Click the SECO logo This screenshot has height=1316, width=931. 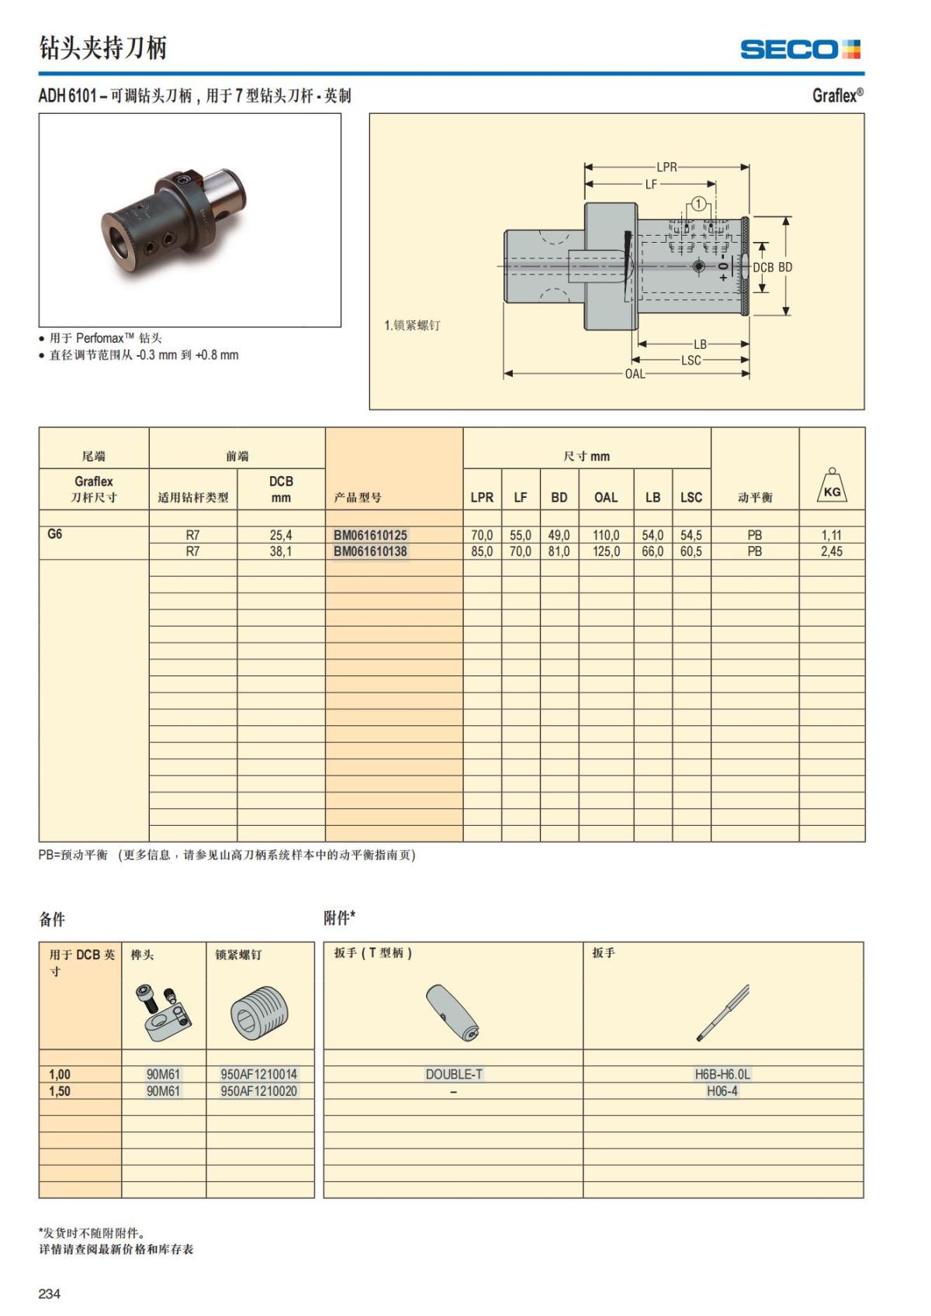800,50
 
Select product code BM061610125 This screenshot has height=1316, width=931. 370,535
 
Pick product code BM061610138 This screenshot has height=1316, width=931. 370,551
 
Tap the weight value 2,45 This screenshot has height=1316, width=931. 831,551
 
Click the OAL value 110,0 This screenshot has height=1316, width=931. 606,535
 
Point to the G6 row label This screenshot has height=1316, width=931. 55,534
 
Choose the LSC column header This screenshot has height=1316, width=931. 690,497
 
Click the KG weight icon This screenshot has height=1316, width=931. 832,489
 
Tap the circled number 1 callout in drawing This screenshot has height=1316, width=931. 699,204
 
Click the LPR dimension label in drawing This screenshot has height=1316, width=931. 666,167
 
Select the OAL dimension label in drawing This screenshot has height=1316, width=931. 635,374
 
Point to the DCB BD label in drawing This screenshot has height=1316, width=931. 773,267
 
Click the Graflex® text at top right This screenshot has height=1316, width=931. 837,95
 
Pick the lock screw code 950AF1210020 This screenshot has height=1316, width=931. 258,1091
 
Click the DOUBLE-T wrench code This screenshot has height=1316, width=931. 454,1074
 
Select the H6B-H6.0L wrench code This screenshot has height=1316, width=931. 722,1074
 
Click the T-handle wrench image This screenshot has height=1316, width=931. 453,1012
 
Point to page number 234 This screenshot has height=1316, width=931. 50,1294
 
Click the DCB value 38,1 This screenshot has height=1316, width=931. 281,551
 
